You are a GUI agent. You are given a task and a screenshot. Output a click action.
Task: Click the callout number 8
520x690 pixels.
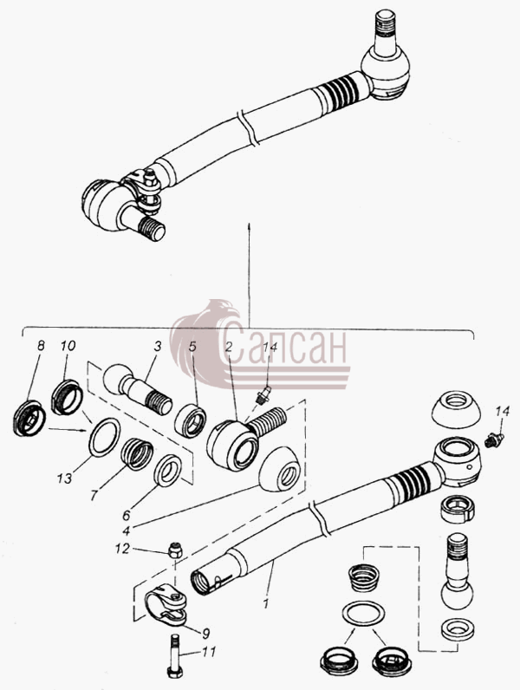coord(41,346)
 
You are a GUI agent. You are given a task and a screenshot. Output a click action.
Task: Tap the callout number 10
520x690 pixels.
coord(68,346)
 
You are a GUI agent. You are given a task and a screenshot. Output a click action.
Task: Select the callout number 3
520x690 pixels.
coord(158,347)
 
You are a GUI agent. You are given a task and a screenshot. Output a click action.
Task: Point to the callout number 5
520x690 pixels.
coord(192,347)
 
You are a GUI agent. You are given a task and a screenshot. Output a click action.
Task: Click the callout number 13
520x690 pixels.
coord(64,478)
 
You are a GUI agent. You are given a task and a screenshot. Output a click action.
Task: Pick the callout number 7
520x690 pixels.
coord(94,495)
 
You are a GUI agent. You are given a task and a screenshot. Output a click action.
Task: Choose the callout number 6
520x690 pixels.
coord(127,514)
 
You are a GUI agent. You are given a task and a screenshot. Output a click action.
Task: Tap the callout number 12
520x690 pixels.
coord(123,549)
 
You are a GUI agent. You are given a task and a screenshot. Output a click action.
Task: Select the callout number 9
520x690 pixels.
coord(205,633)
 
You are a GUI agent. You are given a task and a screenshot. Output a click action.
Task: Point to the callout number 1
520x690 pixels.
coord(265,603)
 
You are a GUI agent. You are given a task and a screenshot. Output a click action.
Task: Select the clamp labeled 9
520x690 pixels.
coord(166,604)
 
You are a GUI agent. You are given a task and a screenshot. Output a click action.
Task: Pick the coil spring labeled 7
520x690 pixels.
coord(137,453)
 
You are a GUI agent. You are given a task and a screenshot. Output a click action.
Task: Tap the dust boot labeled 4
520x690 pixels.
coord(280,470)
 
